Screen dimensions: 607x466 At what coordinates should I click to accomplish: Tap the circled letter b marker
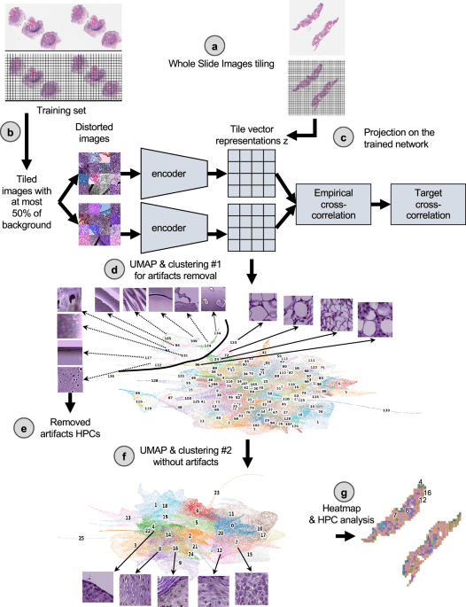coord(14,133)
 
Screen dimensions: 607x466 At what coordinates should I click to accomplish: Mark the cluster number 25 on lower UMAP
coord(82,538)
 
